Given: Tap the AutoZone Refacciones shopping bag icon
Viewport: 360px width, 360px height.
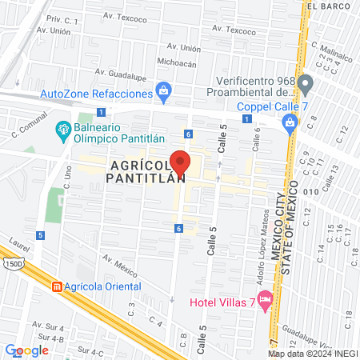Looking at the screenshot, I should [x=164, y=90].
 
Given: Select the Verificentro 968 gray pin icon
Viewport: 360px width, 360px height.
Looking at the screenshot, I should [x=305, y=82].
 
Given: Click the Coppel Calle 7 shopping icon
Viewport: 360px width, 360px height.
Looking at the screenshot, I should [x=290, y=122].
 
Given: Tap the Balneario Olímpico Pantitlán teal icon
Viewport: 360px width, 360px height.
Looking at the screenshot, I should [x=62, y=128].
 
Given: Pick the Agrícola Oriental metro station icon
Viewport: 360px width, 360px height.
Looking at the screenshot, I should [x=57, y=286].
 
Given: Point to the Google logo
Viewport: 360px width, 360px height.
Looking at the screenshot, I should [x=27, y=350].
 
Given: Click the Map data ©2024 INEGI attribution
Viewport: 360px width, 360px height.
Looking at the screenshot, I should [x=312, y=353].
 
